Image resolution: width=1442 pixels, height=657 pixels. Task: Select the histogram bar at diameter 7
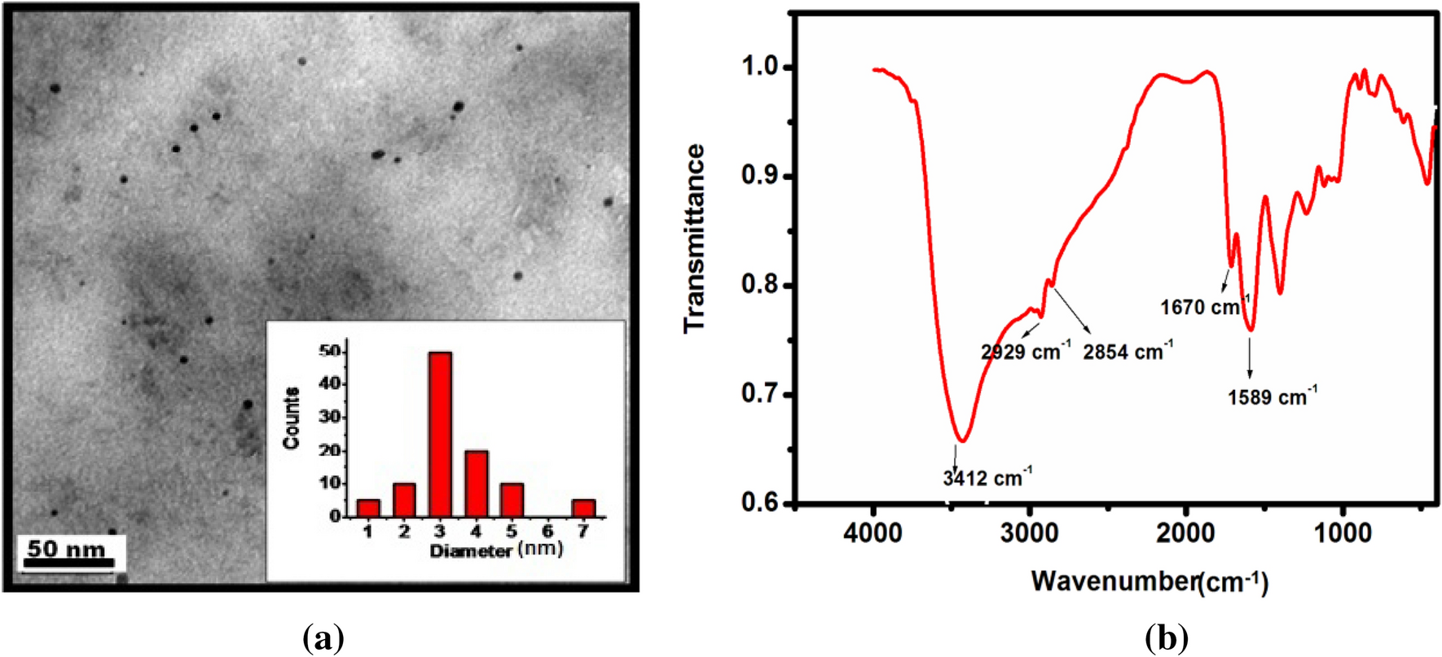coord(583,508)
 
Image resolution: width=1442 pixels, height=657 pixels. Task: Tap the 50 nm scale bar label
coord(66,549)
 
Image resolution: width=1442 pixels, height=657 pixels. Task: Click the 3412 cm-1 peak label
coord(987,477)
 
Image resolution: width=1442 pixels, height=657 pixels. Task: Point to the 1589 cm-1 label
coord(1272,396)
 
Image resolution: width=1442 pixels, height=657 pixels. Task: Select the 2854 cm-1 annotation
coord(1128,352)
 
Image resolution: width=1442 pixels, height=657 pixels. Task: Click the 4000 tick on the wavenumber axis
coord(873,533)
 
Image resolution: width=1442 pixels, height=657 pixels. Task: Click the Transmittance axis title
coord(694,238)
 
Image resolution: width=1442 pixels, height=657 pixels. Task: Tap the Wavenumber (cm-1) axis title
coord(1149,581)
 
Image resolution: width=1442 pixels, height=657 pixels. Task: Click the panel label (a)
coord(323,637)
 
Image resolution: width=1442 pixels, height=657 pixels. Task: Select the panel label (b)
coord(1166,637)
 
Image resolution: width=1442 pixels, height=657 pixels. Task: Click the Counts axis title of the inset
coord(291,418)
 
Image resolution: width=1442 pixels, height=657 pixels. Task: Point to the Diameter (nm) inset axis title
coord(496,550)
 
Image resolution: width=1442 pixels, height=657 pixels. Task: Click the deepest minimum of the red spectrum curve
coord(963,440)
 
